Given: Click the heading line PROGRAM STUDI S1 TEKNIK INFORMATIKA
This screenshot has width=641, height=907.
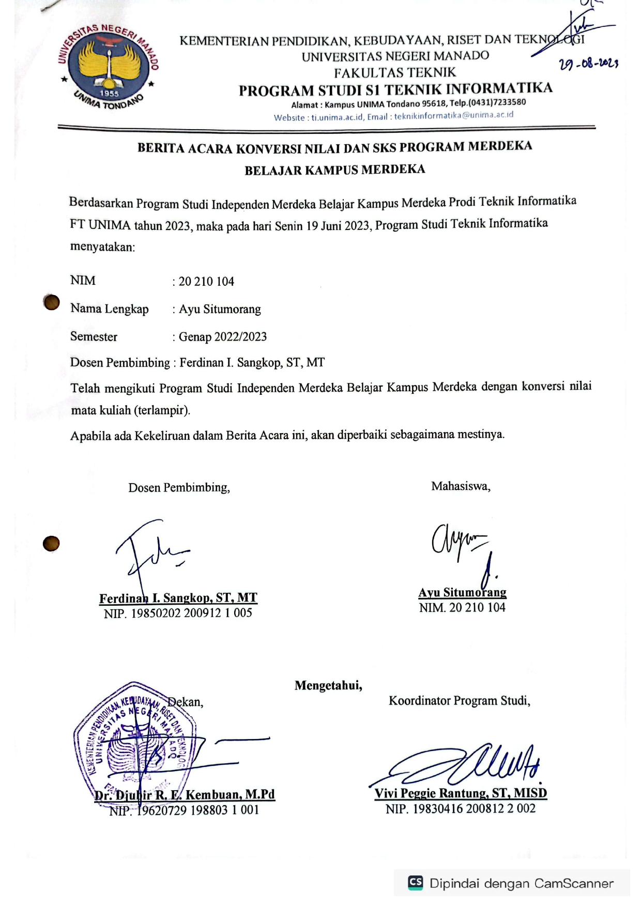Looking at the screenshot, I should (x=395, y=89).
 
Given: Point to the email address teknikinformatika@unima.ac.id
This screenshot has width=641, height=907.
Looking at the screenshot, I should (x=454, y=115).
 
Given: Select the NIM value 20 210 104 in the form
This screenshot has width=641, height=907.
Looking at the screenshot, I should (x=206, y=282).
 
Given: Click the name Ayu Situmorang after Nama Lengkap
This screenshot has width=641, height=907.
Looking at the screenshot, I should (x=220, y=309).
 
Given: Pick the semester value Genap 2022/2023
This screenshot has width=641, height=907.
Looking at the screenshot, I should (x=223, y=337).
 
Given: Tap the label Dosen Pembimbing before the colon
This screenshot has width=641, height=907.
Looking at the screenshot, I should (x=120, y=363).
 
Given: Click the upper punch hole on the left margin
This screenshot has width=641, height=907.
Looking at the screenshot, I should (x=51, y=302).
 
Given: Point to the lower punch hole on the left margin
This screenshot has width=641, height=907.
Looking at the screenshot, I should (x=51, y=544).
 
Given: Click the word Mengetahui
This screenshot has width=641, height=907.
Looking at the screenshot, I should (x=328, y=686).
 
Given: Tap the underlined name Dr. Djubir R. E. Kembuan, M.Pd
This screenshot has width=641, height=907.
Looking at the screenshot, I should (x=185, y=795).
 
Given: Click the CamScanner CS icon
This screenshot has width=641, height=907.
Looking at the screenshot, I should (x=416, y=882).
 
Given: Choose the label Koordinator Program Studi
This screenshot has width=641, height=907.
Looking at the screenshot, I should (x=459, y=701).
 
